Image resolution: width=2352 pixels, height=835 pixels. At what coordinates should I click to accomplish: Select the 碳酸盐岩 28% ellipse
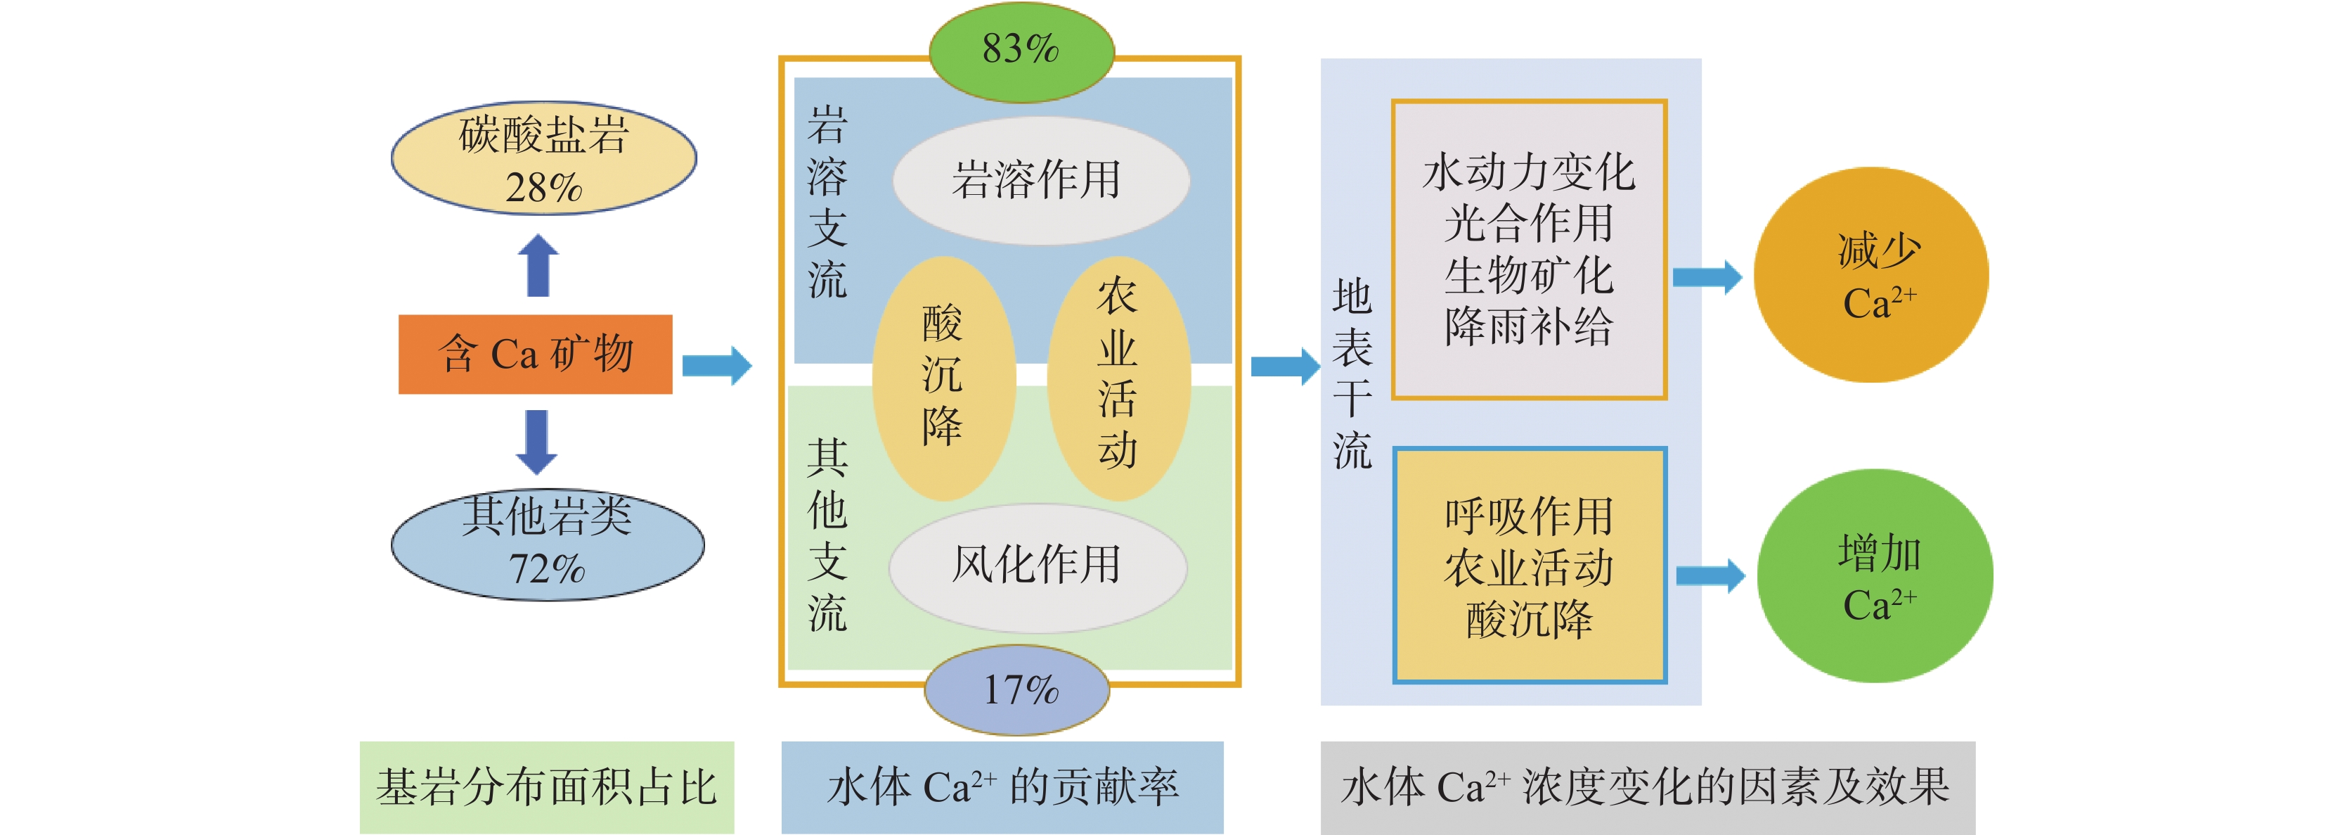[544, 158]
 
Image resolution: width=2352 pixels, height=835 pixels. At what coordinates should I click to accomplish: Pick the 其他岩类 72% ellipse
[548, 544]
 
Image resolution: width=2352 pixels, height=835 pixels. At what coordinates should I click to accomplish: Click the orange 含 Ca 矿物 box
[535, 355]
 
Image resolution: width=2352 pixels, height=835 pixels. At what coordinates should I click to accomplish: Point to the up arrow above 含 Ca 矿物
[538, 265]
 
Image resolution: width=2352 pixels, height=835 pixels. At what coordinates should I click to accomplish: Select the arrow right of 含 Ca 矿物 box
[718, 365]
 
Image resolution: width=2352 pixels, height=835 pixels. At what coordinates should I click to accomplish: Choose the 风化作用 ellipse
[1038, 567]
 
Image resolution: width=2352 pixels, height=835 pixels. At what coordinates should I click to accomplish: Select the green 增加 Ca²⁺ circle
[1875, 575]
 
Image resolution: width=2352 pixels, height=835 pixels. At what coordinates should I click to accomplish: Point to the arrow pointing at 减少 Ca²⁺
[1707, 277]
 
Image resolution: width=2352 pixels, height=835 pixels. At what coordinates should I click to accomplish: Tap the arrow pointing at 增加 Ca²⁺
[1711, 575]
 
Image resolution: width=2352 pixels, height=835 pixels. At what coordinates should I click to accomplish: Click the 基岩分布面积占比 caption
[547, 786]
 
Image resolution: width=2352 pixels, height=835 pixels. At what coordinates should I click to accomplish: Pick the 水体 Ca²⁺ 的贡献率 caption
[1002, 786]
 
